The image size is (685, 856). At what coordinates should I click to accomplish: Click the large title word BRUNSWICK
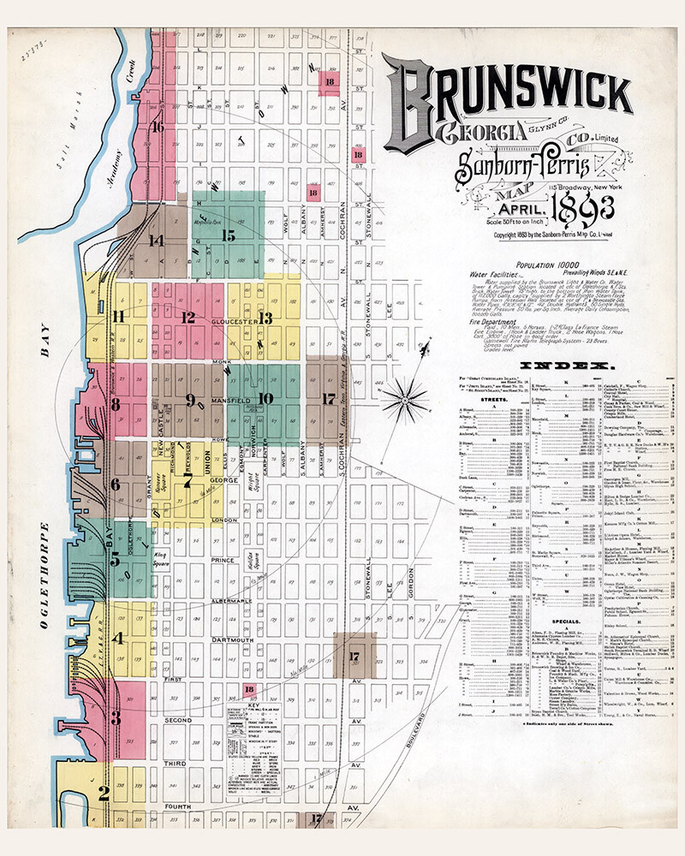pos(505,101)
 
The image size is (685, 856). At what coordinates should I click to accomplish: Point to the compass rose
pos(405,398)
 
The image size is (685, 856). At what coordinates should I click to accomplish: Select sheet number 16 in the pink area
pos(157,128)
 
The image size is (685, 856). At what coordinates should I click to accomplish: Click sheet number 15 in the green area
pos(228,234)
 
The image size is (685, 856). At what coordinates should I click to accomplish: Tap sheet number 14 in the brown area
pos(156,240)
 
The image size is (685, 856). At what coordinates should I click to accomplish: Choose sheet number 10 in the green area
pos(265,397)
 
